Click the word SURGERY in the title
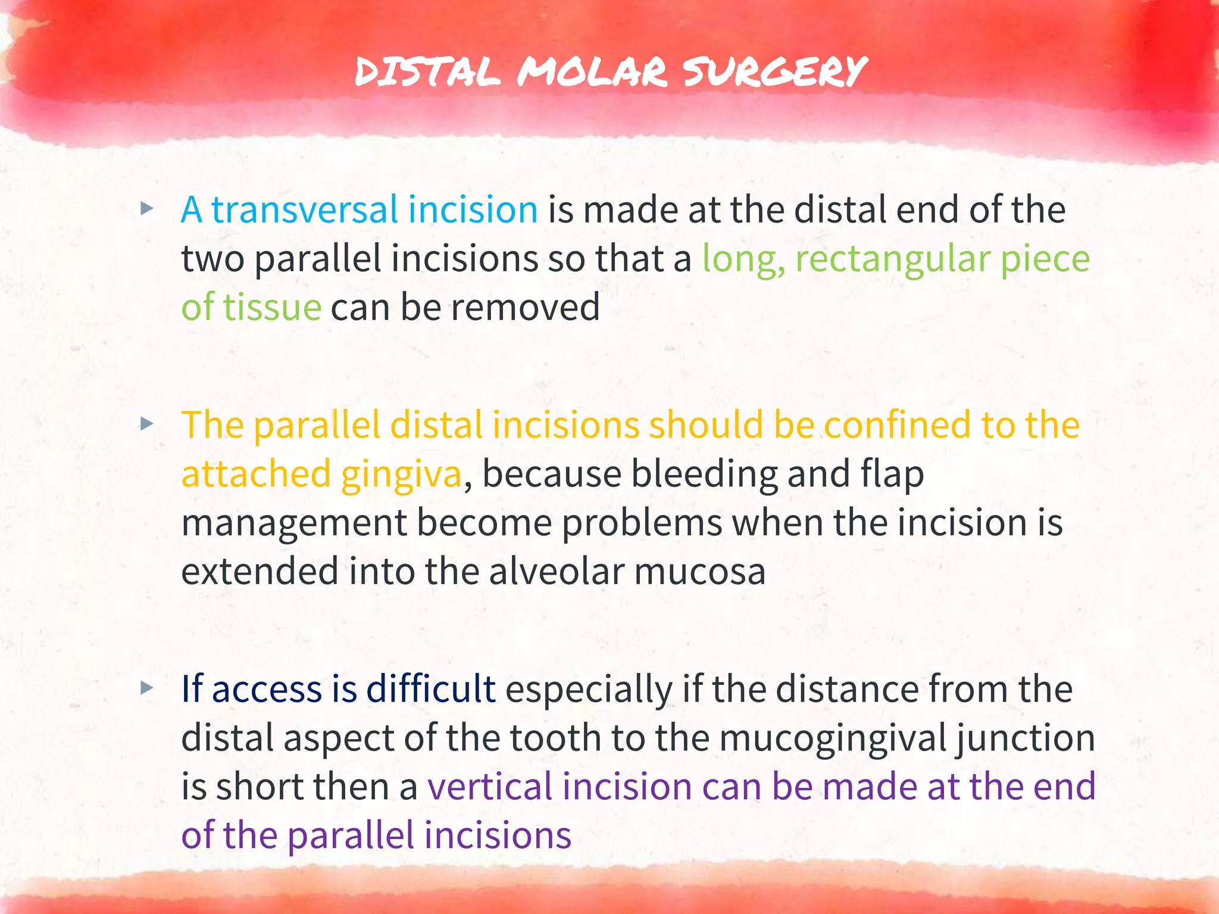pyautogui.click(x=774, y=72)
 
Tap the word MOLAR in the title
pyautogui.click(x=592, y=72)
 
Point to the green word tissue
pyautogui.click(x=272, y=308)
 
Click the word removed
pyautogui.click(x=524, y=308)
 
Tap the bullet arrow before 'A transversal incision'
pyautogui.click(x=146, y=209)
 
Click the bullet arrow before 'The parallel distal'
pyautogui.click(x=146, y=424)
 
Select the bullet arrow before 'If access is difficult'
pyautogui.click(x=146, y=688)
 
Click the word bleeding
pyautogui.click(x=704, y=474)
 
